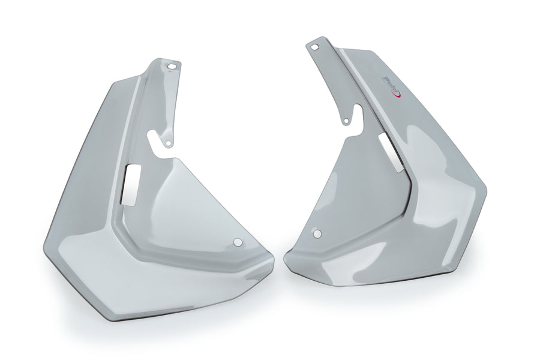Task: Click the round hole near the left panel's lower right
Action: (238, 242)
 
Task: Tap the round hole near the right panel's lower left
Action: (317, 233)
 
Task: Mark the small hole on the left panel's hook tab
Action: (169, 143)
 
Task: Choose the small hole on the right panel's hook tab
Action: (346, 122)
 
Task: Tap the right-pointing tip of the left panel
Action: (272, 262)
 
